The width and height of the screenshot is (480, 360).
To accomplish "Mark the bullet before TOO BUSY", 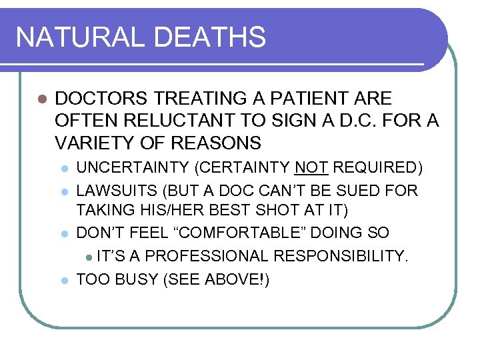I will pos(64,280).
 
